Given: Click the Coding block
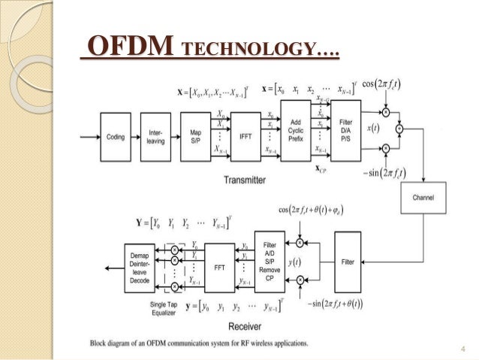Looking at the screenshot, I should (x=116, y=137).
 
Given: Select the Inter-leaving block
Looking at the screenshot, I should (x=155, y=137).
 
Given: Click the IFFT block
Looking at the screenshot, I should (x=245, y=136).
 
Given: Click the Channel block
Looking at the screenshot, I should (x=423, y=197).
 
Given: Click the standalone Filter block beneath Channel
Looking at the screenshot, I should (x=348, y=262).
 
